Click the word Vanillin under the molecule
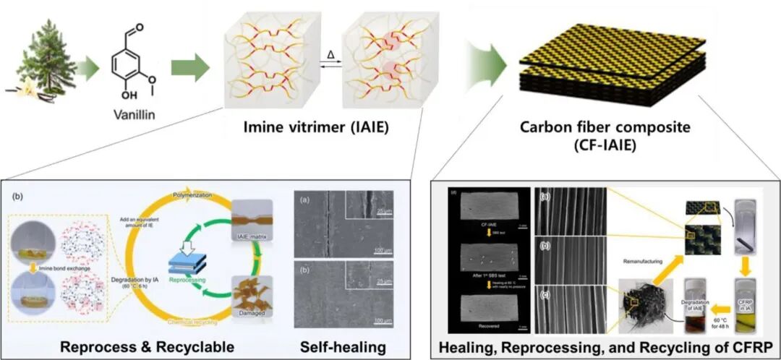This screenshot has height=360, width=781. click(133, 114)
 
